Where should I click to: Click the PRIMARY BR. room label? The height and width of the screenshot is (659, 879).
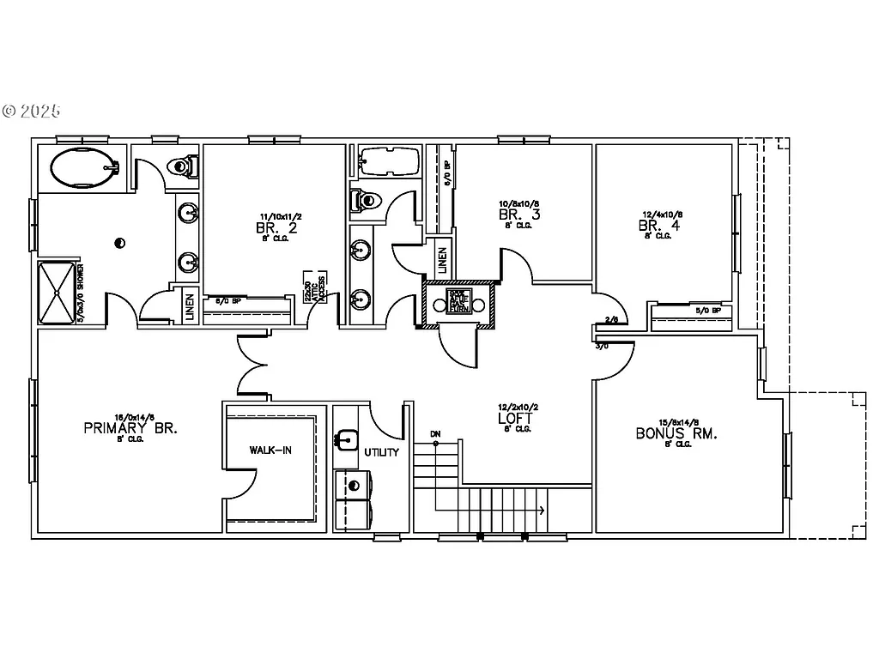click(x=130, y=428)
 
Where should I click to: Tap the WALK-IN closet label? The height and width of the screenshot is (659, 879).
click(x=270, y=450)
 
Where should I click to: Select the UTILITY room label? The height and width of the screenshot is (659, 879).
click(x=381, y=452)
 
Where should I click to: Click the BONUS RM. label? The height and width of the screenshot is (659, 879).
click(x=676, y=433)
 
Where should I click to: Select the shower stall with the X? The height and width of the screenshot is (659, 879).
click(x=58, y=292)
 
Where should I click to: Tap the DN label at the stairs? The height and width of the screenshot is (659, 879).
click(x=435, y=433)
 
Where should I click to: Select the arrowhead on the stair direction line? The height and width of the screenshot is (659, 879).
click(x=541, y=511)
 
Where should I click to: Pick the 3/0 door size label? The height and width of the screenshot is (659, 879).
click(x=602, y=346)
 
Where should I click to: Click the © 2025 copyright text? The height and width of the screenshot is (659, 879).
click(x=32, y=111)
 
